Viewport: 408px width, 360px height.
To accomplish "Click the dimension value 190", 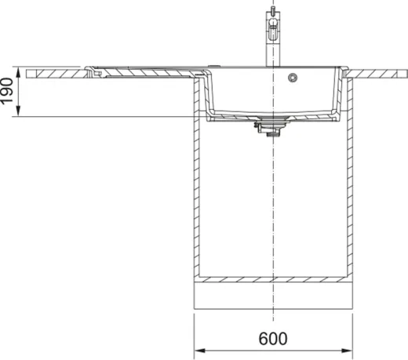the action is coord(7,91).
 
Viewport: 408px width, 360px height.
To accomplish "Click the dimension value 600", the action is coord(273,339).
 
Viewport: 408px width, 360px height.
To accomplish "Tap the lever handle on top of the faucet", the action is coord(273,10).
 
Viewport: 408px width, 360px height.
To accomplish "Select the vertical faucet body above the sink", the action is coord(273,39).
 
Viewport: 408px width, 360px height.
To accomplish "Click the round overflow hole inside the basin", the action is coord(292,78).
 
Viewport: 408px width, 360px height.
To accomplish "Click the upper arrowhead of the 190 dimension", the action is coord(18,72).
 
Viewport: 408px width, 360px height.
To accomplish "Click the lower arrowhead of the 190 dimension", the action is coord(18,111).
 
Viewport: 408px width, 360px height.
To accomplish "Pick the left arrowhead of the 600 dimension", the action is coord(200,351).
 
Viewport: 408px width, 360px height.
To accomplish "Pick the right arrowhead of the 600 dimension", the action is coord(347,351).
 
